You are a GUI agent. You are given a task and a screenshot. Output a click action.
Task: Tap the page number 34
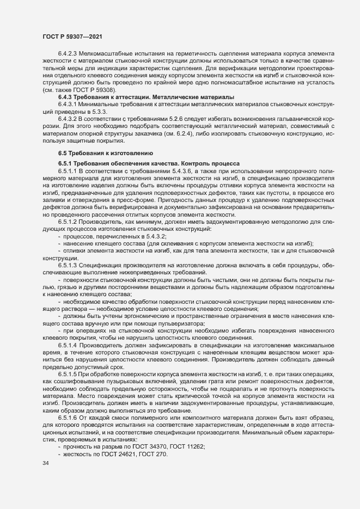click(x=45, y=464)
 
